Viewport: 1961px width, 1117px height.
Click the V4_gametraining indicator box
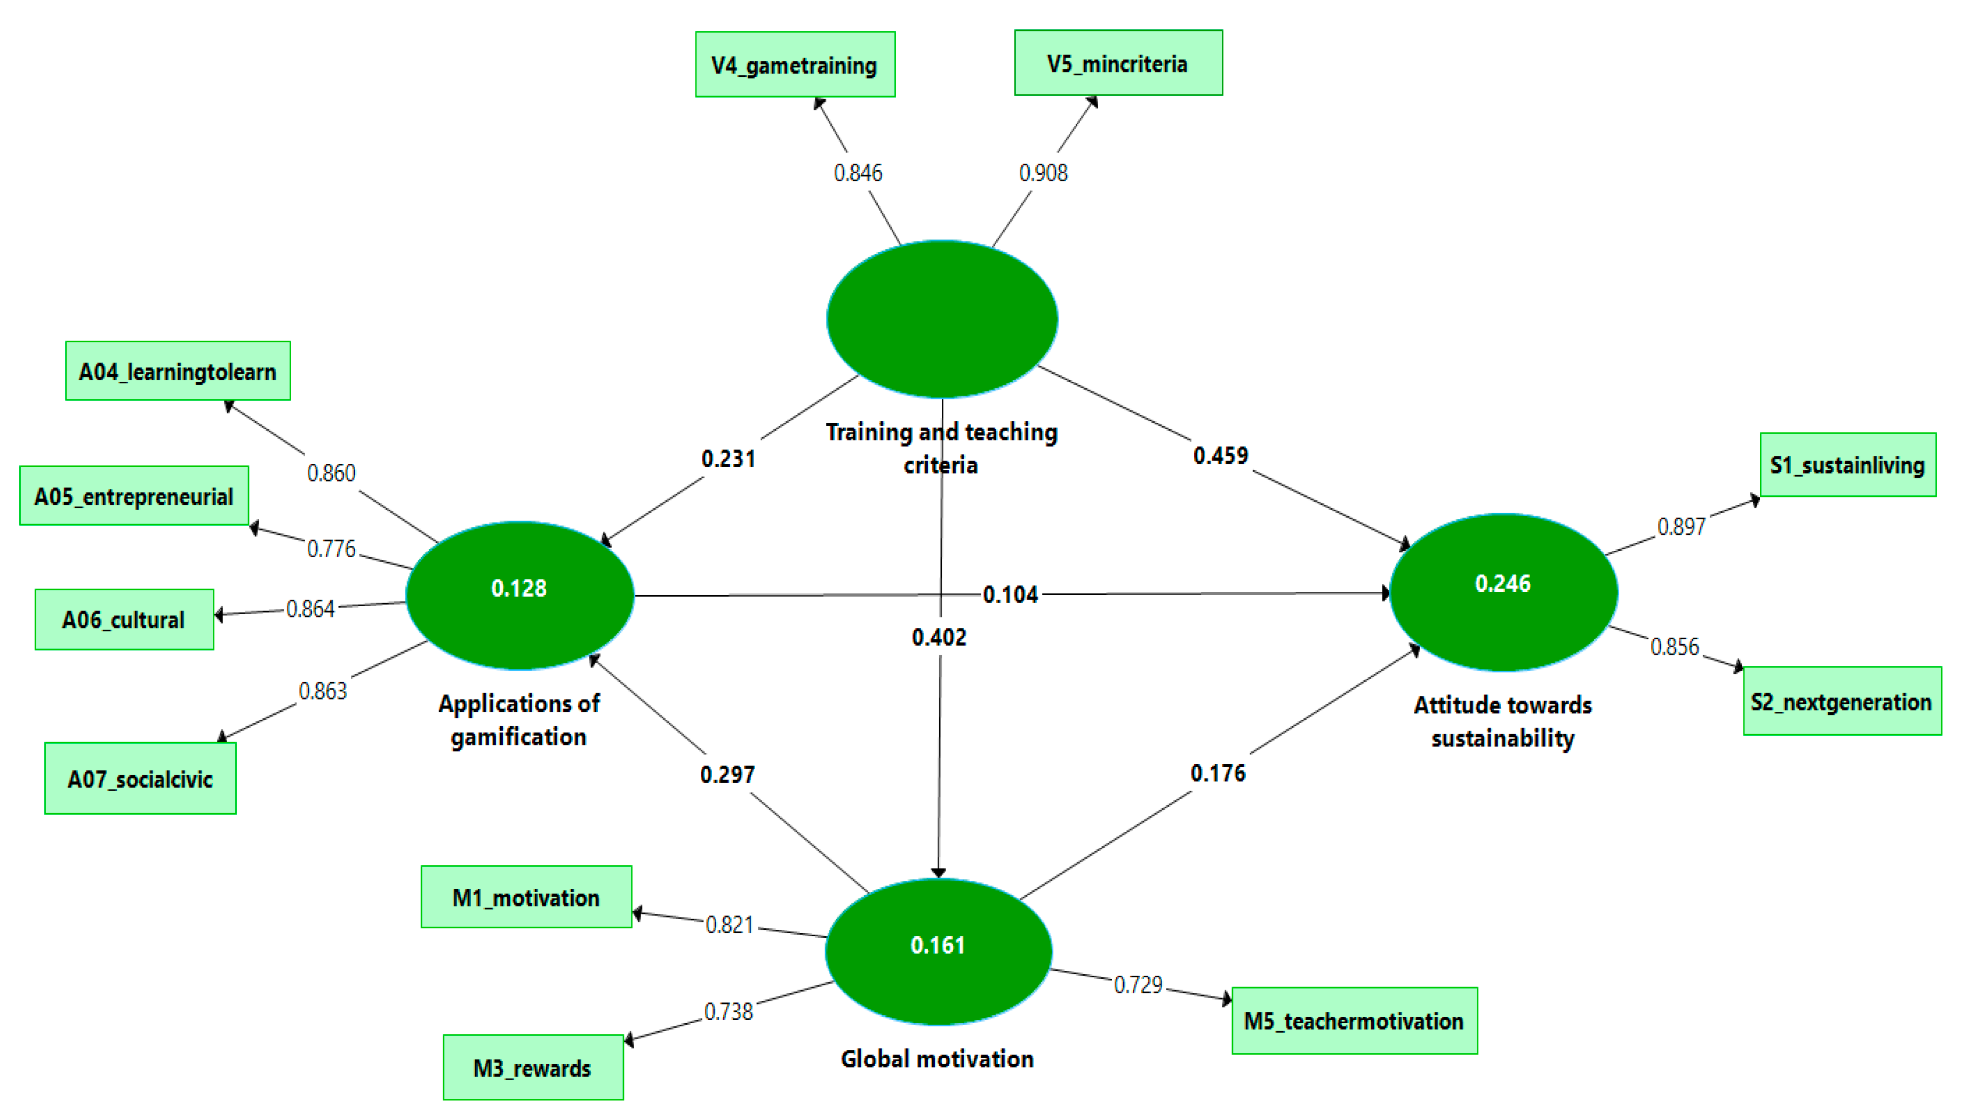coord(795,65)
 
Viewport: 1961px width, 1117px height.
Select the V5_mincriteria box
coord(1118,63)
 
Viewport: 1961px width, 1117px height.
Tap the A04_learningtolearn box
coord(178,371)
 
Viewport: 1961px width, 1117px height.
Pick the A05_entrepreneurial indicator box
coord(134,496)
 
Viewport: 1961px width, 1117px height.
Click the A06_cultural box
coord(124,620)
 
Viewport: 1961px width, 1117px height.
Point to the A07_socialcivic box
coord(140,778)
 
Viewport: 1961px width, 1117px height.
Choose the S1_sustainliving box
coord(1847,465)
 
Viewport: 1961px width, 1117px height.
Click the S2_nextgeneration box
coord(1842,701)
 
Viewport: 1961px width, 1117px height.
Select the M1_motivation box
coord(526,897)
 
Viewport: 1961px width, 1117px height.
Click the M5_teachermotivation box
coord(1354,1021)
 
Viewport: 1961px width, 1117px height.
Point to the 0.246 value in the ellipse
coord(1502,584)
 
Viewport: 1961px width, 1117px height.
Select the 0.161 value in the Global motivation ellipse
coord(938,945)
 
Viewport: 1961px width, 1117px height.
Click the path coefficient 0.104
coord(1011,594)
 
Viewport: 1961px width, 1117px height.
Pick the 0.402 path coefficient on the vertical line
coord(939,638)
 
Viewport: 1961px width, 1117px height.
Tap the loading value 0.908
coord(1043,173)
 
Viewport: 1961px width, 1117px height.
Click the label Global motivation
coord(937,1059)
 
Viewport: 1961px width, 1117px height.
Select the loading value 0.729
coord(1138,984)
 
